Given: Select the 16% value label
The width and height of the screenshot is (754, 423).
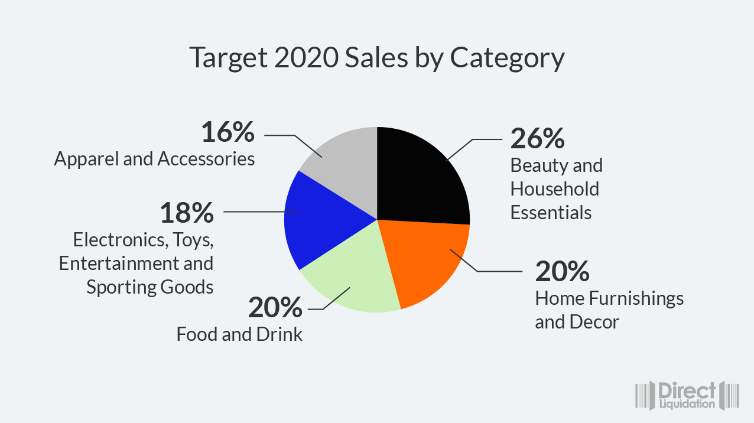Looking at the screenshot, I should coord(228,132).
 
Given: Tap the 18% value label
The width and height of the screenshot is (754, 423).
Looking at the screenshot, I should coord(187,213).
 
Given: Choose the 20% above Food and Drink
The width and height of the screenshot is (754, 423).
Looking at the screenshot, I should coord(275,308).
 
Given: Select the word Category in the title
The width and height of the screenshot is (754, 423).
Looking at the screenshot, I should coord(507,59).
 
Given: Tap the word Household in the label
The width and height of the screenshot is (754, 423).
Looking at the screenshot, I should coord(555,189).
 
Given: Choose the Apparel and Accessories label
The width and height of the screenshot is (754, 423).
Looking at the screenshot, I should coord(155,159).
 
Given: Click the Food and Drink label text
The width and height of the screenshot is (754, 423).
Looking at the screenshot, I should coord(239,334).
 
